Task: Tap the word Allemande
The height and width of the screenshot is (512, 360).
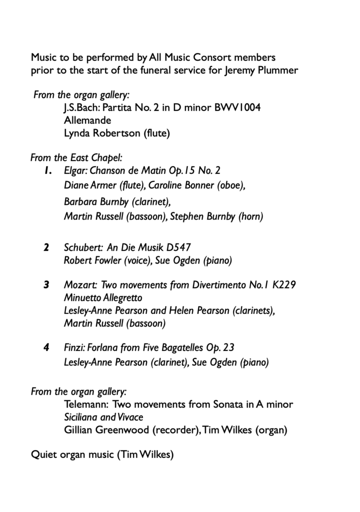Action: [87, 120]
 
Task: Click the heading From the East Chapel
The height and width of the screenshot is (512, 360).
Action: [76, 158]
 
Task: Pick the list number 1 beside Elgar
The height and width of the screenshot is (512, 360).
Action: [47, 171]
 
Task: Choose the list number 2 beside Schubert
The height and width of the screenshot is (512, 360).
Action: [46, 247]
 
